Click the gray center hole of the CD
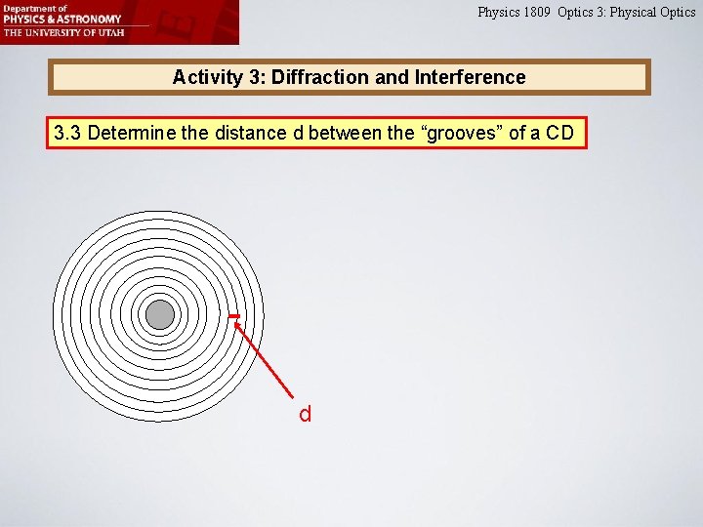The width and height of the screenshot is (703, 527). pos(159,314)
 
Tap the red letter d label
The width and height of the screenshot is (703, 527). pos(305,415)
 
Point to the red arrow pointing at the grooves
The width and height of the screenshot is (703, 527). pos(266,358)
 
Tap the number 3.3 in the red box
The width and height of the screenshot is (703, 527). pos(68,134)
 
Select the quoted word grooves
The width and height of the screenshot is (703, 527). pos(462,134)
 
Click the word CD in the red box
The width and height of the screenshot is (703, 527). pos(559,134)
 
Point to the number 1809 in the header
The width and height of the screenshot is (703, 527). pos(536,13)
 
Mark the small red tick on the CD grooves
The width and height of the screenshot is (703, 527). pos(234,315)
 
